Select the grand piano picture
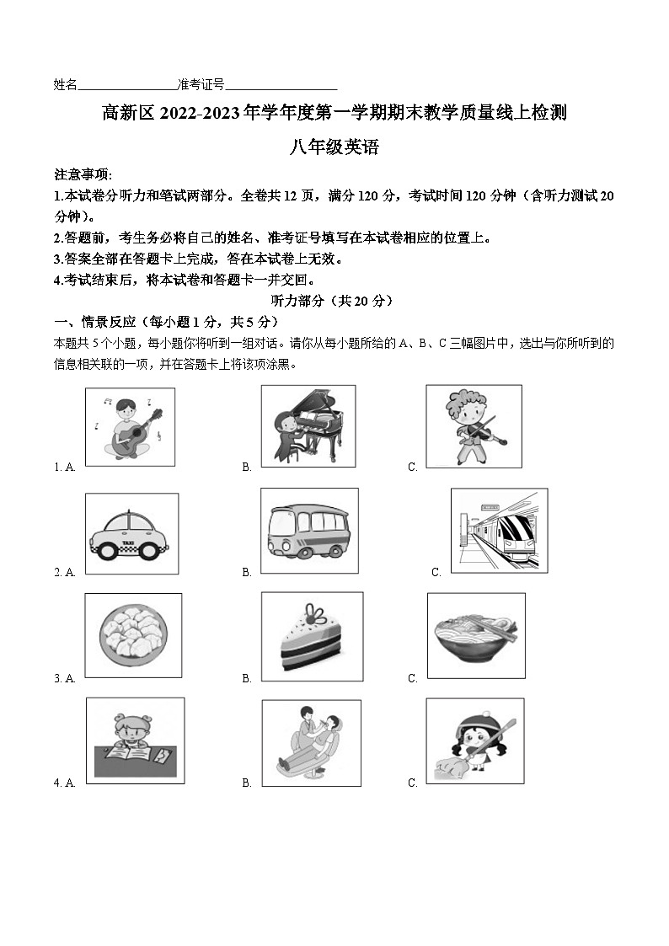[308, 425]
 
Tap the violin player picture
[473, 425]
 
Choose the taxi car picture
[131, 533]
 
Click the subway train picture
[498, 530]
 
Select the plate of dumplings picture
[133, 635]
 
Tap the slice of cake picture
[312, 636]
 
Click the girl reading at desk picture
[135, 740]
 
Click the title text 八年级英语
[334, 147]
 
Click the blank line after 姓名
[126, 85]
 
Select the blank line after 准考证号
[281, 85]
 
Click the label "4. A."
[65, 783]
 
